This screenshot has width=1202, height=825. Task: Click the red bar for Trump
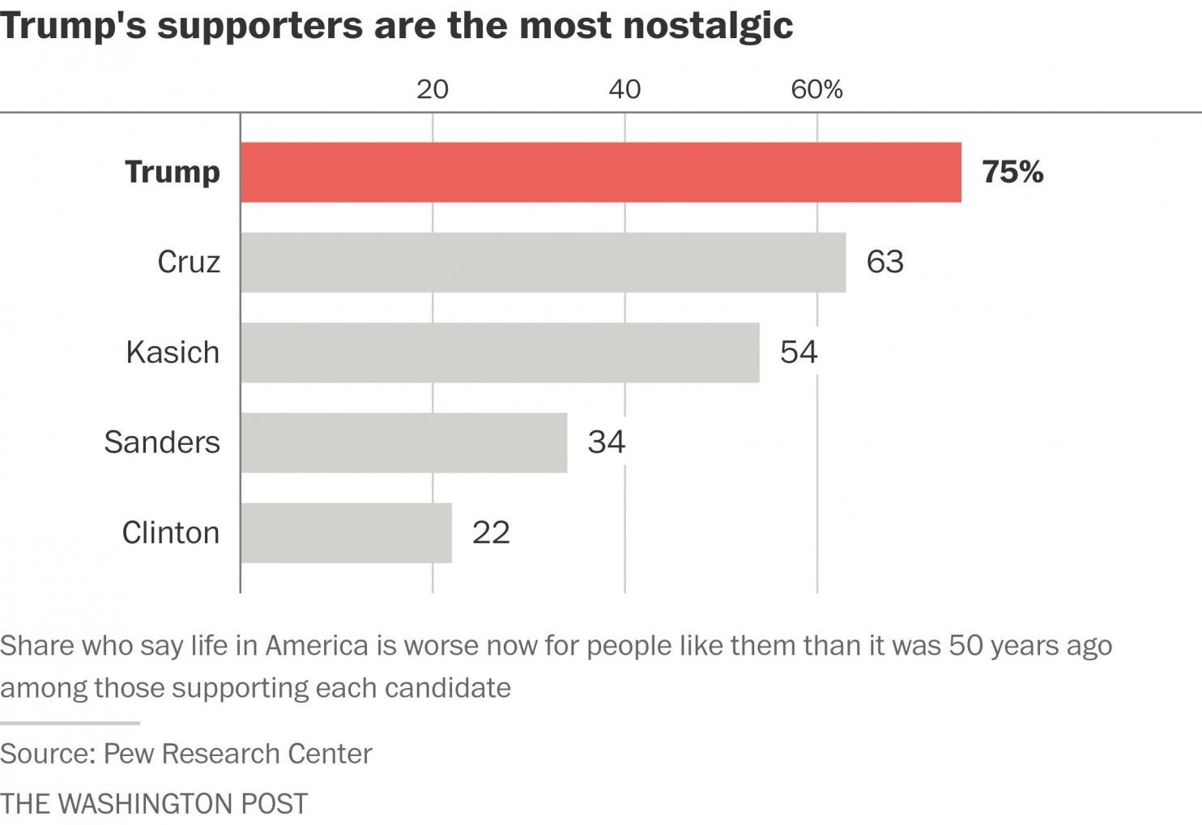coord(601,173)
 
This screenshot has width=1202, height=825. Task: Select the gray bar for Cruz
coord(543,263)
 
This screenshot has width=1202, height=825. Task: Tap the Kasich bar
coord(500,353)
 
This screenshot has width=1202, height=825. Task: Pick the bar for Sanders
coord(403,442)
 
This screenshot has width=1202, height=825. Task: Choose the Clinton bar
coord(346,532)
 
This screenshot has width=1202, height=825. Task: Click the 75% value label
coord(1012,172)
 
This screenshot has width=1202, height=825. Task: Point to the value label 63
coord(884,262)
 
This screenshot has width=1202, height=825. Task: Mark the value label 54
coord(799,352)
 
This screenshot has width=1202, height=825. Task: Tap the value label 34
coord(606,442)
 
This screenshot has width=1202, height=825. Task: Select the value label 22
coord(491,532)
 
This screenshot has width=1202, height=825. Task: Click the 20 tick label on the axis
coord(433,89)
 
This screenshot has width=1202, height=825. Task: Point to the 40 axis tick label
coord(624,89)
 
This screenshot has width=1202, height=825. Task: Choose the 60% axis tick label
coord(816,89)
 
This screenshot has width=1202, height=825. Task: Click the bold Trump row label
coord(173,172)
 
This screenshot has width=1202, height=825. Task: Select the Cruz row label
coord(189,262)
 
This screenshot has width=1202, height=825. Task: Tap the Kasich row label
coord(173,353)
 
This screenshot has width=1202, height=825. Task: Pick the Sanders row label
coord(162,442)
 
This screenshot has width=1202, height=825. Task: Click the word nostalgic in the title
coord(709,26)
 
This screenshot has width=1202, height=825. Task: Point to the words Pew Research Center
coord(238,754)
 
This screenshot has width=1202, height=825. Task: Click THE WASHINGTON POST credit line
coord(154,804)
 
